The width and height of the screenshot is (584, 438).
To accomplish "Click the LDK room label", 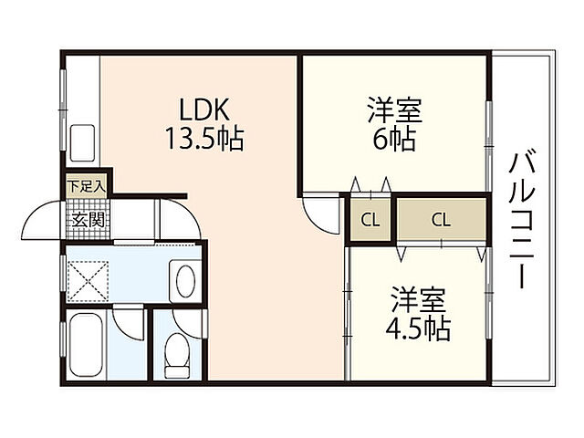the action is click(x=203, y=109).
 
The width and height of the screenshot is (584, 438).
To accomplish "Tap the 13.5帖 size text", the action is click(x=204, y=139).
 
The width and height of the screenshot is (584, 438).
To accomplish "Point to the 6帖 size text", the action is click(x=394, y=139).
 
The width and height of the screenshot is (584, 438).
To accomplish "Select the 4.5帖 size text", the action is click(x=418, y=328).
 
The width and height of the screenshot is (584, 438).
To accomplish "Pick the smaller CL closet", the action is click(x=370, y=220).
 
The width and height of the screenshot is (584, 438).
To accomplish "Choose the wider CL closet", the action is click(x=442, y=219).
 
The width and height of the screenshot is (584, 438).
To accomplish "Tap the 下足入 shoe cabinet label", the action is click(x=87, y=186).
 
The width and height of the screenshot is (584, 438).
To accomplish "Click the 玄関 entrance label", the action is click(x=88, y=220).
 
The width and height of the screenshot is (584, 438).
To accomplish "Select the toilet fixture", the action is click(x=176, y=356).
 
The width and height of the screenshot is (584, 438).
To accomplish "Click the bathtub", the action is click(x=86, y=345).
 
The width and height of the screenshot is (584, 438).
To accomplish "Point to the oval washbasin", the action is click(x=185, y=281).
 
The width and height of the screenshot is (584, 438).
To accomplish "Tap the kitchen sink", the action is click(x=82, y=142).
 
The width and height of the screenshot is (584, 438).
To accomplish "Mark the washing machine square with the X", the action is click(x=89, y=280).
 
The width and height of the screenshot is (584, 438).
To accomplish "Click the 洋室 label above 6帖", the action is click(x=395, y=109).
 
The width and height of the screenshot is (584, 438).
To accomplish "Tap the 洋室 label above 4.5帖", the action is click(x=419, y=300).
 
